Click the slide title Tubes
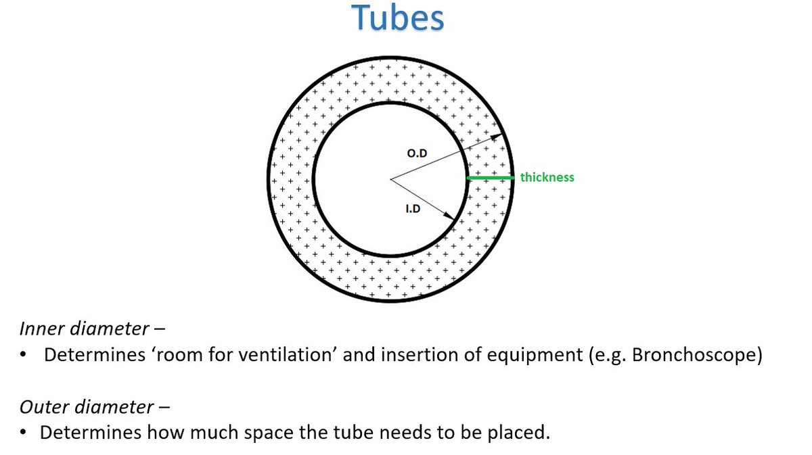[399, 19]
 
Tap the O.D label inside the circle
[417, 154]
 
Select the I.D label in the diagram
[413, 209]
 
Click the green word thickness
[547, 177]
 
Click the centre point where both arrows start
[391, 179]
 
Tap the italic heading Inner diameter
[84, 329]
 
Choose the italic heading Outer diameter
[87, 407]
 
